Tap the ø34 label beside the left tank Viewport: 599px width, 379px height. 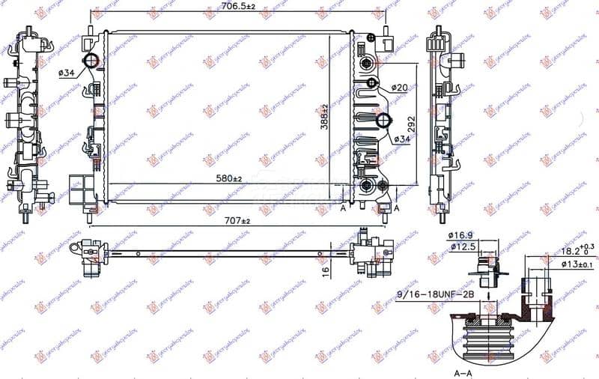coord(66,73)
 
